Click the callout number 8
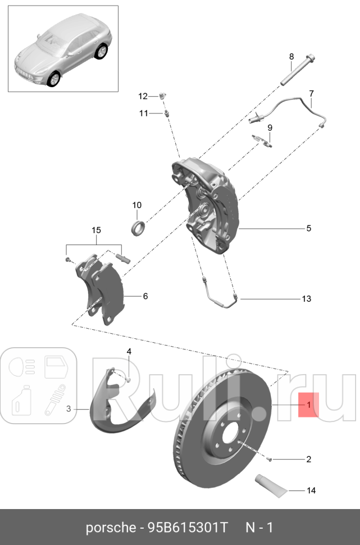pyautogui.click(x=291, y=56)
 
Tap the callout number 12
pyautogui.click(x=143, y=96)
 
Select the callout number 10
pyautogui.click(x=137, y=205)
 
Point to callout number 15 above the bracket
pyautogui.click(x=96, y=230)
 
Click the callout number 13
pyautogui.click(x=306, y=299)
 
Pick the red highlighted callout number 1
pyautogui.click(x=308, y=404)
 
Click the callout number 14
pyautogui.click(x=311, y=490)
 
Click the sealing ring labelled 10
pyautogui.click(x=137, y=228)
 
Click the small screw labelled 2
pyautogui.click(x=270, y=459)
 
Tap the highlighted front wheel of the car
pyautogui.click(x=54, y=79)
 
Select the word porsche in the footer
pyautogui.click(x=108, y=528)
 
